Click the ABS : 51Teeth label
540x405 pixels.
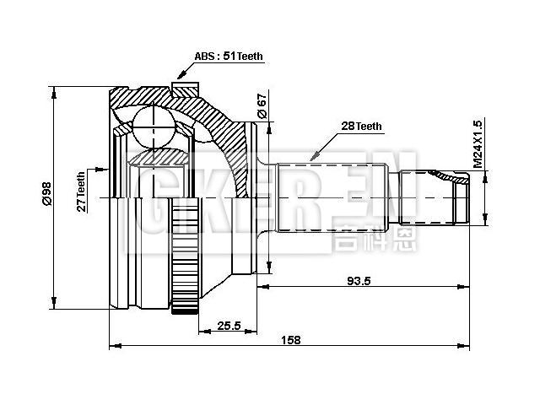(229, 57)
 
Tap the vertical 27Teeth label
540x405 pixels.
(82, 192)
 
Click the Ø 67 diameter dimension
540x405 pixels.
(262, 107)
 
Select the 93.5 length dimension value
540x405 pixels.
(359, 282)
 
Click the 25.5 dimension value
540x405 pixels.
(229, 326)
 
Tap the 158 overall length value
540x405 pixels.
(290, 340)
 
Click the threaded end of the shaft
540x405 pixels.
(439, 198)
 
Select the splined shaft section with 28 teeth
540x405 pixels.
(329, 198)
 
